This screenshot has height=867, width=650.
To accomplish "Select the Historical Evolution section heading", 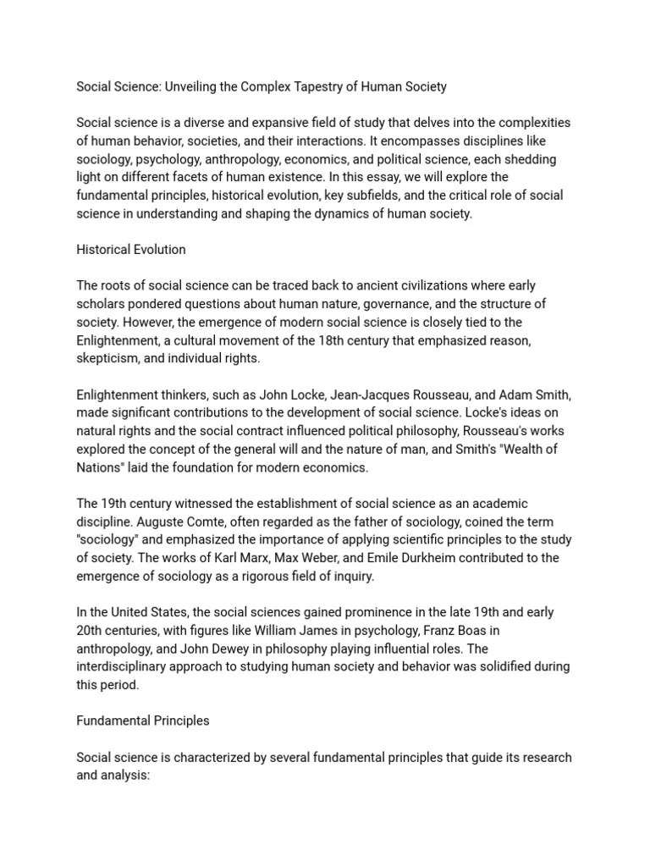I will click(x=131, y=250).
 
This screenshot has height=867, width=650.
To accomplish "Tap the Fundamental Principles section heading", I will click(x=142, y=721).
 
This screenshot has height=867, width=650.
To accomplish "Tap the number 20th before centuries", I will click(x=90, y=630).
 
